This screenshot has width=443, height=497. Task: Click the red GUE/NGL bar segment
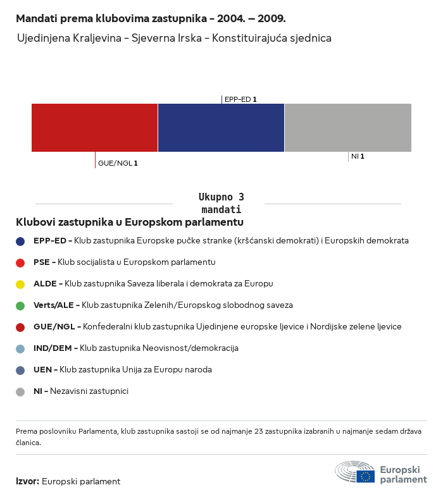[x=94, y=127]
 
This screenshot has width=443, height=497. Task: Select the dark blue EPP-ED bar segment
[x=221, y=127]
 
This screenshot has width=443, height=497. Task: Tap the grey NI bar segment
[x=348, y=127]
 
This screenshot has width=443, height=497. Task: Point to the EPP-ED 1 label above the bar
[x=240, y=99]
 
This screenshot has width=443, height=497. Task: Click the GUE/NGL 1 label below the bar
[x=118, y=163]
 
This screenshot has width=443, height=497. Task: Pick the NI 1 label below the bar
[x=358, y=156]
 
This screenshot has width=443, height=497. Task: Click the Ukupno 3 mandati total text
[x=221, y=203]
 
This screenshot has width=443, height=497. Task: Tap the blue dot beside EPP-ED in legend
[x=20, y=241]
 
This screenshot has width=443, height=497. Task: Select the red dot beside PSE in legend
[x=20, y=262]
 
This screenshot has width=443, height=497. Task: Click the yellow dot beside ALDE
[x=20, y=284]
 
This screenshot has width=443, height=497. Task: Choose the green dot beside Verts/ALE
[x=20, y=305]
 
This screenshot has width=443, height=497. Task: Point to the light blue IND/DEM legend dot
[x=20, y=348]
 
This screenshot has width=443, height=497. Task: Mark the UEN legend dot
[x=20, y=370]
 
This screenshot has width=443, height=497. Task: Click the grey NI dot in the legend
[x=20, y=391]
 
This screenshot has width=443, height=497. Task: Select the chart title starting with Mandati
[x=151, y=18]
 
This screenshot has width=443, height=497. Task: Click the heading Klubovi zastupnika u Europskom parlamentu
[x=130, y=222]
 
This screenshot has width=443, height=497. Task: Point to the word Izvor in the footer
[x=27, y=481]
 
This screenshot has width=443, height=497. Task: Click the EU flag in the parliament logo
[x=365, y=476]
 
